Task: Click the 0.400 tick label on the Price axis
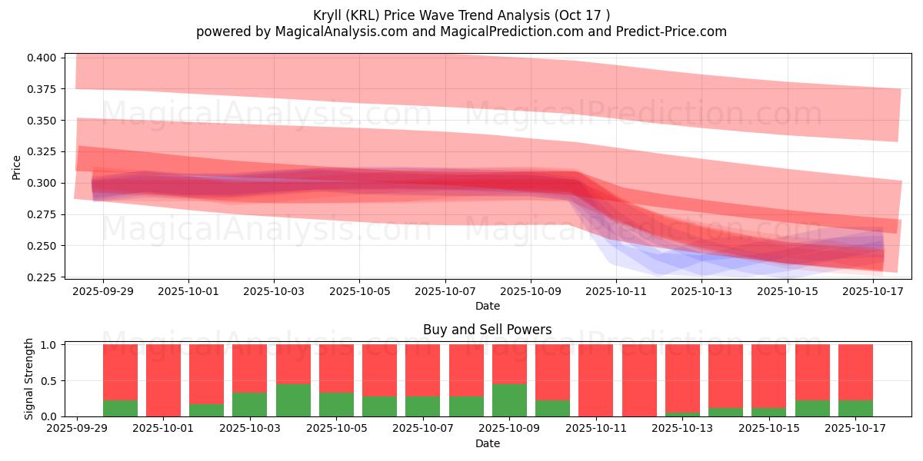[x=42, y=58]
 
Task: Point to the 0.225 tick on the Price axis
[x=42, y=277]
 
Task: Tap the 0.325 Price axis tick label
[x=42, y=152]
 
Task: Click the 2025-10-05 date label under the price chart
[x=359, y=292]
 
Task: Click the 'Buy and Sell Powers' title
[x=487, y=330]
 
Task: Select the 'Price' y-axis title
[x=17, y=167]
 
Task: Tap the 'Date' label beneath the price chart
[x=487, y=306]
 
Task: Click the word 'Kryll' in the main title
[x=328, y=15]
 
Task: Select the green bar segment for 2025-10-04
[x=293, y=400]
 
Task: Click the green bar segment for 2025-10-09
[x=509, y=400]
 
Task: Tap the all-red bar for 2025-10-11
[x=596, y=380]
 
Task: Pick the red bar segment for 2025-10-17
[x=855, y=372]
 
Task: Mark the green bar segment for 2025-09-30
[x=120, y=408]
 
